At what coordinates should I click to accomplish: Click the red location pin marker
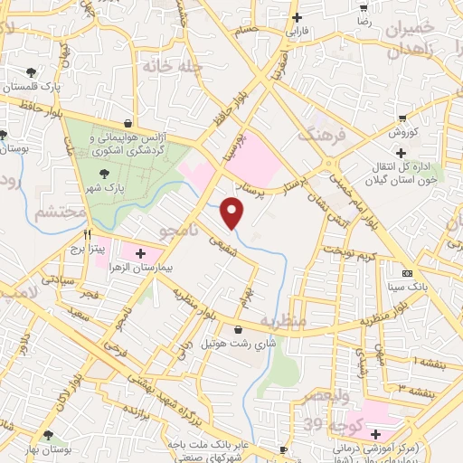point(232,212)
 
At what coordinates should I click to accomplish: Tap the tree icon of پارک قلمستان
point(33,71)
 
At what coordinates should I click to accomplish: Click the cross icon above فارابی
point(297,17)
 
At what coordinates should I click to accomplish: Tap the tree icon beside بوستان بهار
point(49,435)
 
